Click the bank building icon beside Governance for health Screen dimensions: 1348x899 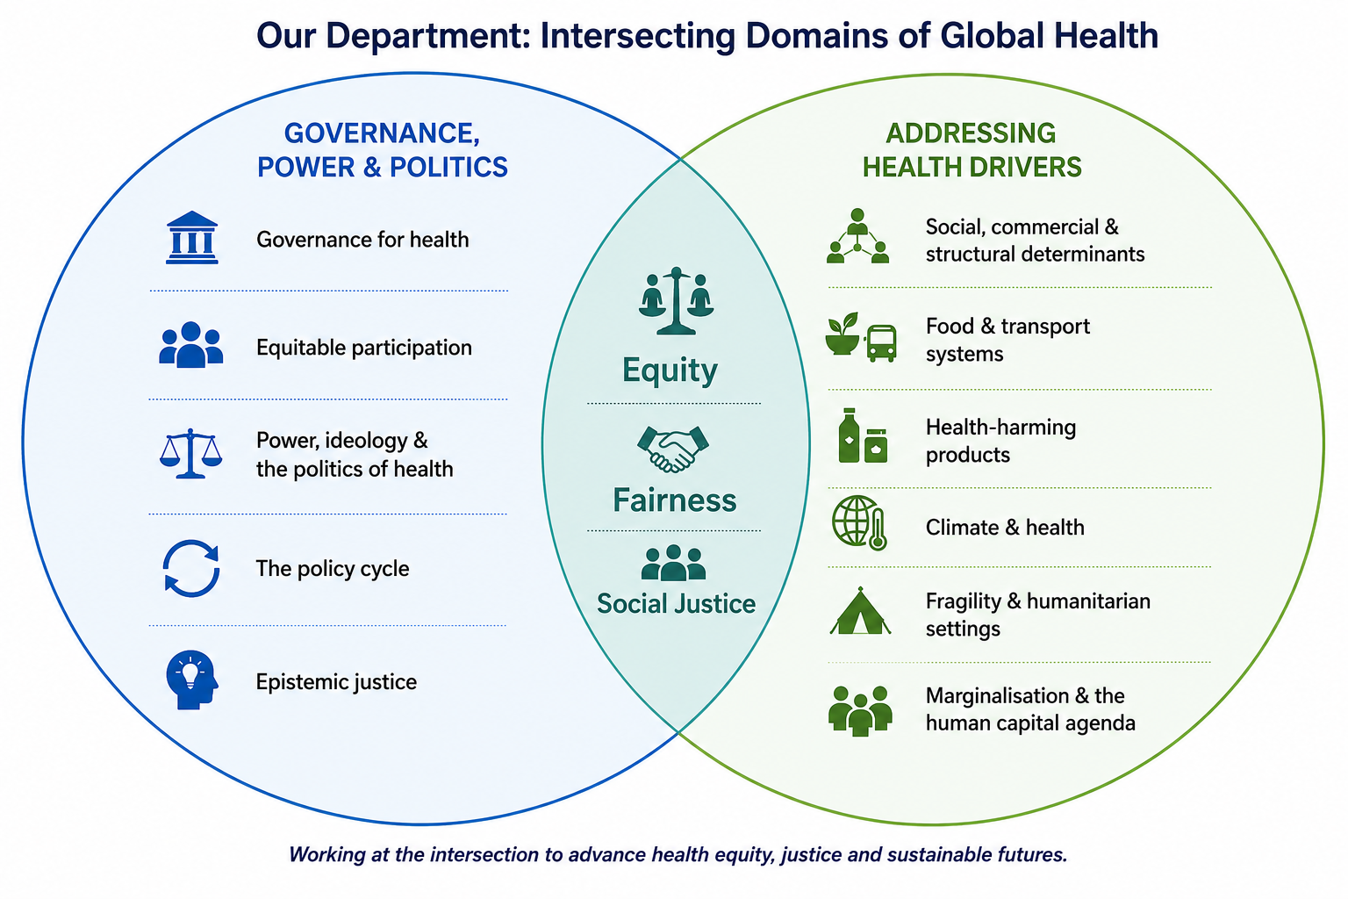(x=191, y=237)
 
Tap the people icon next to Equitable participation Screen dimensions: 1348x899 (x=190, y=344)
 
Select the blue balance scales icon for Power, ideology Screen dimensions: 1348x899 (x=190, y=453)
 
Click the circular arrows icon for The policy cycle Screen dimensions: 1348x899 (x=191, y=568)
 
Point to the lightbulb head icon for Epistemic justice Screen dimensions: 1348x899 (x=192, y=680)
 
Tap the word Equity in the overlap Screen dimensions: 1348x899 (x=670, y=370)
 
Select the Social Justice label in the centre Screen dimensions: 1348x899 (x=676, y=604)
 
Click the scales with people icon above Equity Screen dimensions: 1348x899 (x=677, y=300)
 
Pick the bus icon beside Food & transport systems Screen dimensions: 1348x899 (x=882, y=343)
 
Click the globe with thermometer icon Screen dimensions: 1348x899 (x=860, y=522)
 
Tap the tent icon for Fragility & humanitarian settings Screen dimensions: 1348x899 (x=860, y=611)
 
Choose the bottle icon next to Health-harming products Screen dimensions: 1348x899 (x=849, y=435)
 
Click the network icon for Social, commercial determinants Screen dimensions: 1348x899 (x=857, y=236)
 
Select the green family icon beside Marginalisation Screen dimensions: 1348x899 (x=860, y=710)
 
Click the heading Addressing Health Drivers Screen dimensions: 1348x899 (x=972, y=150)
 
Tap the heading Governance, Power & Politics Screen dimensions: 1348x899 (x=382, y=150)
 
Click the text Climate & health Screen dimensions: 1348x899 (x=1005, y=528)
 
